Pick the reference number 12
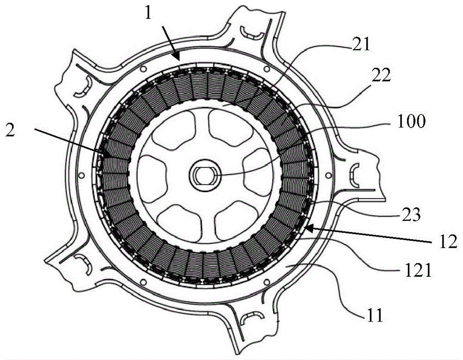[x=447, y=241]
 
